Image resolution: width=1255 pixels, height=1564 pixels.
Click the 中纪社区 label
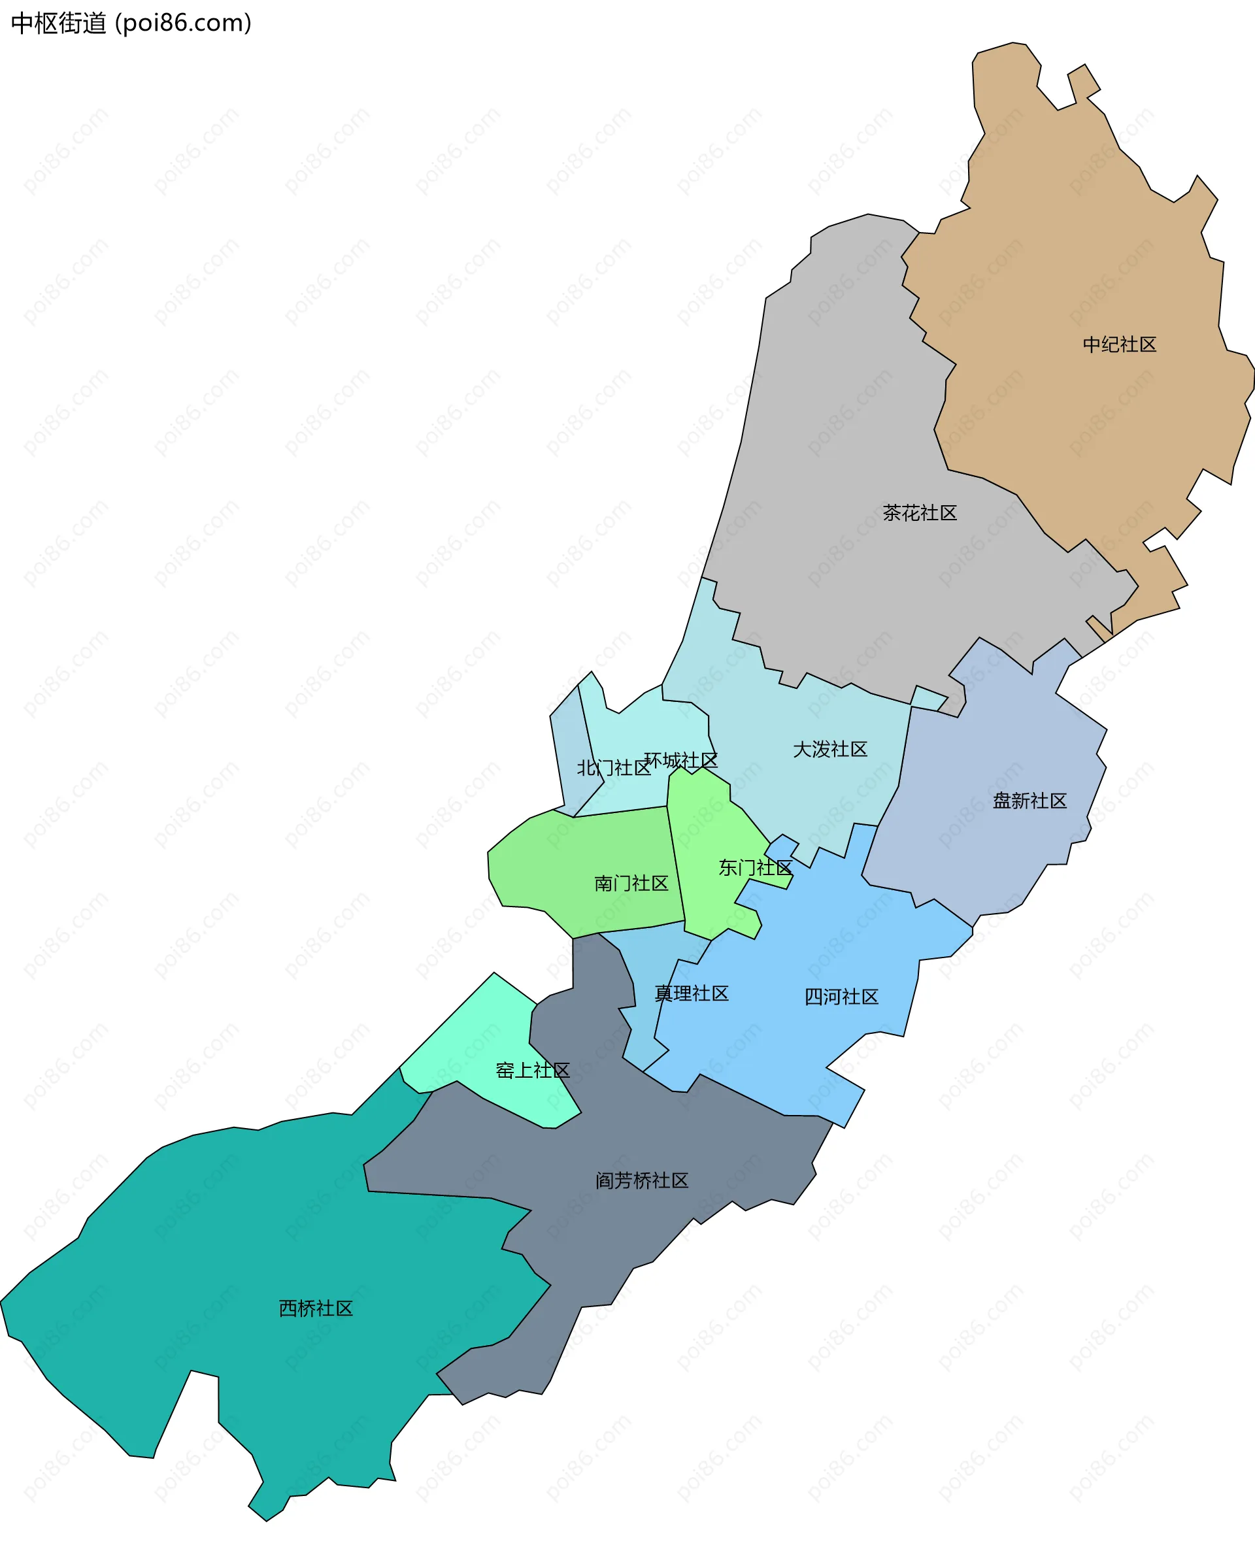click(x=1118, y=344)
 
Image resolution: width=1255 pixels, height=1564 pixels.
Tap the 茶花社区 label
click(x=919, y=513)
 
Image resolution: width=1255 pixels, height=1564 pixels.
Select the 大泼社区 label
click(x=829, y=750)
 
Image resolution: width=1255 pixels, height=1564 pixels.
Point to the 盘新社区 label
click(x=1029, y=801)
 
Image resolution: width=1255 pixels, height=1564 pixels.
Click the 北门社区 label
click(x=613, y=768)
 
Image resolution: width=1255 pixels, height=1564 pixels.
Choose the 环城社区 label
click(x=680, y=760)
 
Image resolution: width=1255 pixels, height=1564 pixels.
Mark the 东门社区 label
click(x=754, y=867)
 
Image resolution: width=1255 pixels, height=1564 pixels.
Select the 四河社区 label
click(x=841, y=997)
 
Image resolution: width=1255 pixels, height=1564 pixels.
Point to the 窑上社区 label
click(x=532, y=1070)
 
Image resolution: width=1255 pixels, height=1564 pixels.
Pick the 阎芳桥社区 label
click(x=641, y=1180)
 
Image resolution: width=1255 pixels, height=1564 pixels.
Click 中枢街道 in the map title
click(x=58, y=24)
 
